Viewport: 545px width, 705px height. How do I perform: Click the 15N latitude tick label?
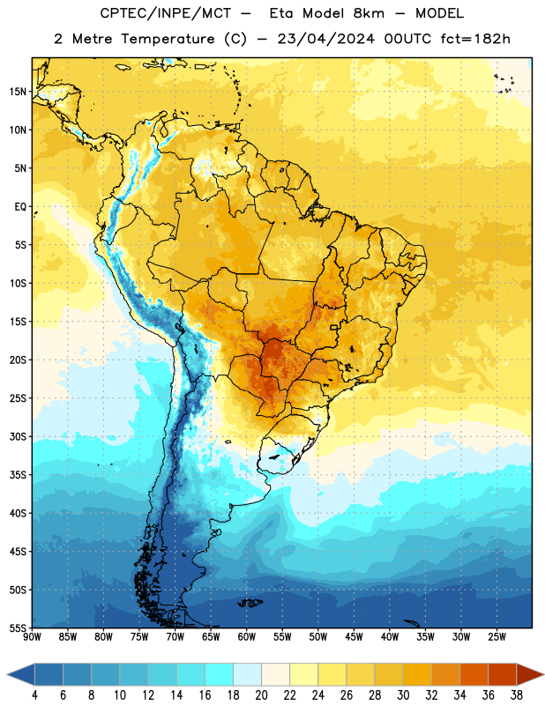[x=18, y=92]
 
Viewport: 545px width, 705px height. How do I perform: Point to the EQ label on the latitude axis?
[x=20, y=207]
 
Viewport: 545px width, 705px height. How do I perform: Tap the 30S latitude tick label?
[x=18, y=436]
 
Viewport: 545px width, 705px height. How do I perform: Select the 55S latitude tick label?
[x=18, y=627]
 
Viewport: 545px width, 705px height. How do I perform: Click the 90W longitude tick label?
[x=32, y=637]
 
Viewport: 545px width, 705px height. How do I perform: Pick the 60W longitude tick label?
[x=247, y=637]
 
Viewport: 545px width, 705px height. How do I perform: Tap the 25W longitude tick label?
[x=496, y=637]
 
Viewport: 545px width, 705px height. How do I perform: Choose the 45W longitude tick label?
[x=354, y=637]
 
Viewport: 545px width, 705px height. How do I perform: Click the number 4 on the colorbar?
[x=34, y=695]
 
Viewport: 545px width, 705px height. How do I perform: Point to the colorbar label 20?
[x=261, y=695]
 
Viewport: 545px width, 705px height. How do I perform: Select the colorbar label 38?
[x=517, y=695]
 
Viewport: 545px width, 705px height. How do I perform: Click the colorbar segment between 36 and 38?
[x=503, y=675]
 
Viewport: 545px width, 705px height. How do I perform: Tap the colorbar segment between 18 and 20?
[x=247, y=675]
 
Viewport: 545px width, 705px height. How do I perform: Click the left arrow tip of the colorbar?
[x=7, y=675]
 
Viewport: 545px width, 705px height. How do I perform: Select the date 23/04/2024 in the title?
[x=325, y=39]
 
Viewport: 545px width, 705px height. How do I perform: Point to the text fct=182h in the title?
[x=475, y=39]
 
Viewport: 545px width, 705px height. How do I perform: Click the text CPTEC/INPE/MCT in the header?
[x=165, y=13]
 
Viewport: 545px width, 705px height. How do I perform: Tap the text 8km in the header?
[x=369, y=13]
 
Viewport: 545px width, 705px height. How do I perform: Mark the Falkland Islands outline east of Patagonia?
[x=250, y=603]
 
